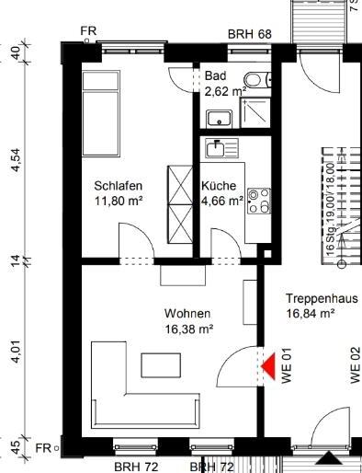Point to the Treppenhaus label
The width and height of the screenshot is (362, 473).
tap(322, 299)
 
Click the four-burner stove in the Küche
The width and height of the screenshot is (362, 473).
tap(257, 201)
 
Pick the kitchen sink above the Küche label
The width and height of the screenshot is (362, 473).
tap(220, 147)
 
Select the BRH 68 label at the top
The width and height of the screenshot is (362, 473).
tap(251, 34)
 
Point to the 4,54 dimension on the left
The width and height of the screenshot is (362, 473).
tap(16, 158)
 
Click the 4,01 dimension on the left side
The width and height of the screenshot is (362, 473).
tap(16, 352)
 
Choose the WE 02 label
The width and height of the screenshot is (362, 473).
tap(355, 364)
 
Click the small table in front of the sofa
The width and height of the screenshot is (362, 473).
tap(162, 365)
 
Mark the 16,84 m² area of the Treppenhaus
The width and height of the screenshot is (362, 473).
tap(310, 314)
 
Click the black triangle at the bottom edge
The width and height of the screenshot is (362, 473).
tap(327, 458)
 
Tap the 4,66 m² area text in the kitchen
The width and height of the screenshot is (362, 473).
tap(222, 200)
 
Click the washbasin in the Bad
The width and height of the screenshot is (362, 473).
tap(219, 117)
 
